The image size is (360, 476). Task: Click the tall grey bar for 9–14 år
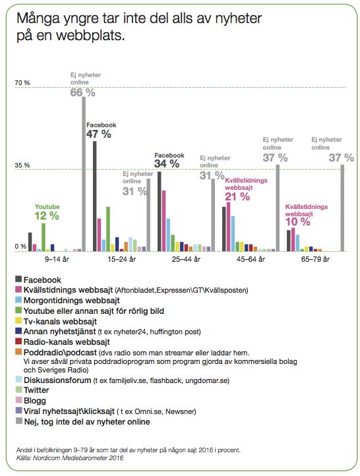coord(84,174)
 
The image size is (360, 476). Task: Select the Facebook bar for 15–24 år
coord(95,196)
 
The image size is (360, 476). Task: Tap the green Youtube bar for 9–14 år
coord(44,237)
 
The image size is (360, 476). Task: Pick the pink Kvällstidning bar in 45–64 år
coord(229,227)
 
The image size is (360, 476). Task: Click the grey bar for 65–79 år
coord(342,208)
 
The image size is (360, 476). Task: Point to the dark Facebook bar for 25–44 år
coord(160,211)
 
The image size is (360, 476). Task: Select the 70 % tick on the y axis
coord(22,82)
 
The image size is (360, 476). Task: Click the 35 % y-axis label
coord(22,165)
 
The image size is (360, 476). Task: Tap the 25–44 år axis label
coord(186,259)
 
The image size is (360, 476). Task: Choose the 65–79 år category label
coord(315,259)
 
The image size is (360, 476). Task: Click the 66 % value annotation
coord(83,92)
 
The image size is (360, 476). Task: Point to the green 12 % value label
coord(47,216)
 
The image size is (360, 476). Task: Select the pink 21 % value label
coord(237,196)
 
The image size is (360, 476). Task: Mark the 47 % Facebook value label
coord(99,134)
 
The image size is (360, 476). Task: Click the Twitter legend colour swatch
coord(19,390)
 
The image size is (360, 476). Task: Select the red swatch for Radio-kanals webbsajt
coord(18,342)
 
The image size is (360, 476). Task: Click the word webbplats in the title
coord(90,36)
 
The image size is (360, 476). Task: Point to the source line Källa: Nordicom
coord(70,458)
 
